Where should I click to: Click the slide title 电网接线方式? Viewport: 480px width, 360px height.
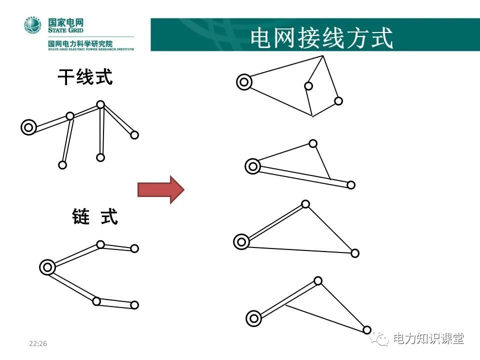[x=321, y=37]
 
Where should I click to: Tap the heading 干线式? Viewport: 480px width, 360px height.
[x=85, y=77]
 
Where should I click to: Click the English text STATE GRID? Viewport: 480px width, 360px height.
[x=62, y=30]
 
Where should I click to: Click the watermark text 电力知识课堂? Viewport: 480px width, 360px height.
[x=428, y=339]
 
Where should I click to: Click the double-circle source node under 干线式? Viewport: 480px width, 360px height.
[x=28, y=128]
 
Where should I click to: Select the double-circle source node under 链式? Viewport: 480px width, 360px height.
[x=47, y=267]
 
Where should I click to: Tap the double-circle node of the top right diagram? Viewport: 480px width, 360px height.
[x=244, y=81]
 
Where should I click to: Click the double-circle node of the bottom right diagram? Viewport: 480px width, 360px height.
[x=254, y=317]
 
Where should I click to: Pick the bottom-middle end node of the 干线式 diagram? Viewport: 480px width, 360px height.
[x=100, y=157]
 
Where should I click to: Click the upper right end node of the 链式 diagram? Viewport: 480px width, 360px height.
[x=134, y=248]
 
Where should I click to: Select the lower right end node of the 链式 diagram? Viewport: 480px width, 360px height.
[x=134, y=305]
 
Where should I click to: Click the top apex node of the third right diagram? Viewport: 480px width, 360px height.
[x=305, y=204]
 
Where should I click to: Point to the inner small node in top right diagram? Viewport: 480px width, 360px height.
[x=308, y=86]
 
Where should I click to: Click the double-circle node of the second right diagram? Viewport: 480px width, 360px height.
[x=253, y=166]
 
